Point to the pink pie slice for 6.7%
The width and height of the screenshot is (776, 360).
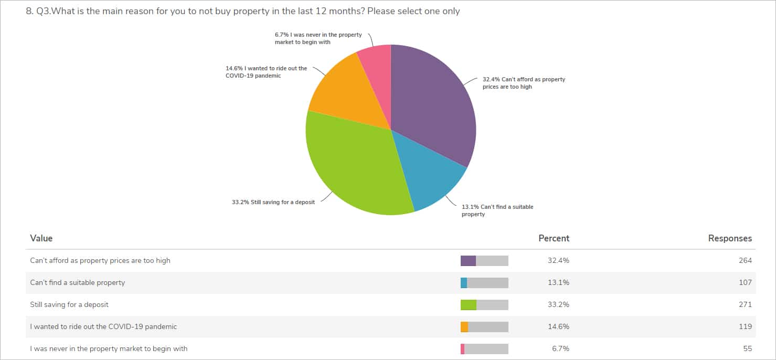[377, 66]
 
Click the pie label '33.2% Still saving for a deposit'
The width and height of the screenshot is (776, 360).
[273, 202]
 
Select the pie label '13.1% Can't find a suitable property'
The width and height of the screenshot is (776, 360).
[497, 210]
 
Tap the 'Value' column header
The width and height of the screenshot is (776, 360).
[41, 238]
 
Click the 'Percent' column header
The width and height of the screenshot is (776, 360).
[554, 238]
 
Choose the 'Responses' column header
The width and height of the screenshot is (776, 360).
[730, 238]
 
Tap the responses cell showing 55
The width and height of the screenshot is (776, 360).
[747, 348]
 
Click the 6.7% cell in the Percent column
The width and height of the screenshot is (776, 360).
[561, 348]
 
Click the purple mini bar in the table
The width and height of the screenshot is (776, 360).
[468, 261]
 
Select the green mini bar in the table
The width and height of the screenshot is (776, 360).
[469, 305]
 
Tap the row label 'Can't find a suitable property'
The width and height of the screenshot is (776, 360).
[78, 282]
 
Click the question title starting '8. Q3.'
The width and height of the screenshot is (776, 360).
[243, 11]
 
